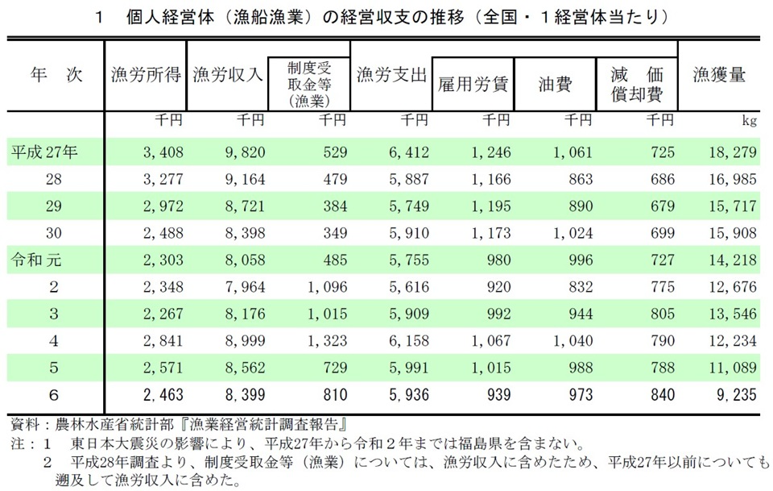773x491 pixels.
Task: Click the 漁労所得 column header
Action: (x=147, y=77)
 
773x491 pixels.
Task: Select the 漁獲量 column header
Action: (x=718, y=76)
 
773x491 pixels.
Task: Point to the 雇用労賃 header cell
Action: (x=473, y=84)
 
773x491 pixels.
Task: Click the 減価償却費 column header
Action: (x=636, y=84)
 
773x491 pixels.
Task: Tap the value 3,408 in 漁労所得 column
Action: (x=165, y=152)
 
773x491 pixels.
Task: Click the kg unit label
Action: (x=749, y=122)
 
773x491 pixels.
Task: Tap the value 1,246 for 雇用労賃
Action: (x=490, y=152)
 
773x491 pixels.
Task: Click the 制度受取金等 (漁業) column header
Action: (x=308, y=83)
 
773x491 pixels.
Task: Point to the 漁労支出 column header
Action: (x=391, y=77)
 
